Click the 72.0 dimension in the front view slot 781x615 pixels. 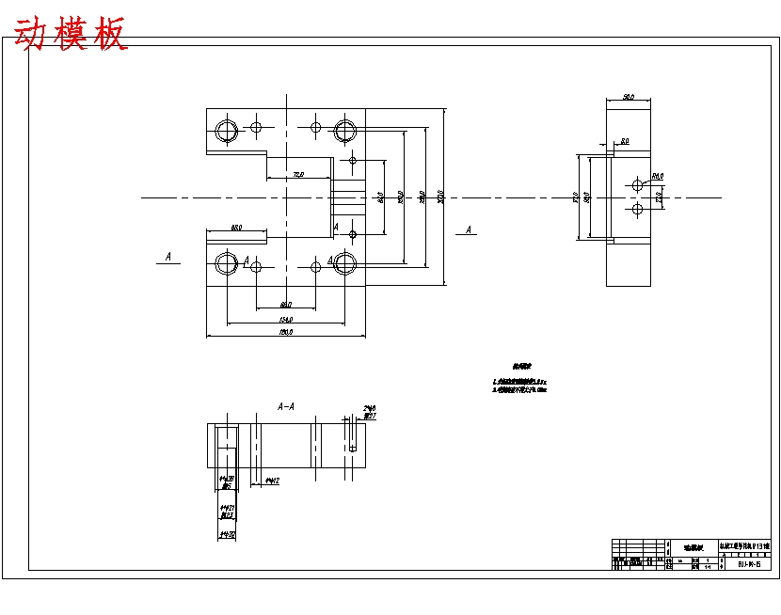point(298,174)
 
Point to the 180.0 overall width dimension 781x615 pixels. point(286,332)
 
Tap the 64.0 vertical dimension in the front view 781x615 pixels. point(381,197)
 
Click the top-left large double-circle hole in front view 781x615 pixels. point(226,130)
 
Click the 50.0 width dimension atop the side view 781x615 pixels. point(629,96)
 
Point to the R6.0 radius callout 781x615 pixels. point(658,176)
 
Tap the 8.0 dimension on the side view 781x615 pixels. point(624,141)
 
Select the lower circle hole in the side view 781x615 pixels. point(637,209)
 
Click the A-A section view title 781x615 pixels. point(286,406)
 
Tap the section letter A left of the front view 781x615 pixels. point(167,256)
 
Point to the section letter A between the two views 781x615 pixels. point(469,229)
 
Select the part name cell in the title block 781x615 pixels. point(693,546)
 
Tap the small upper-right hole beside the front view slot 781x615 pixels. point(353,160)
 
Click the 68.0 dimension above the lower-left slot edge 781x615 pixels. point(236,228)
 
